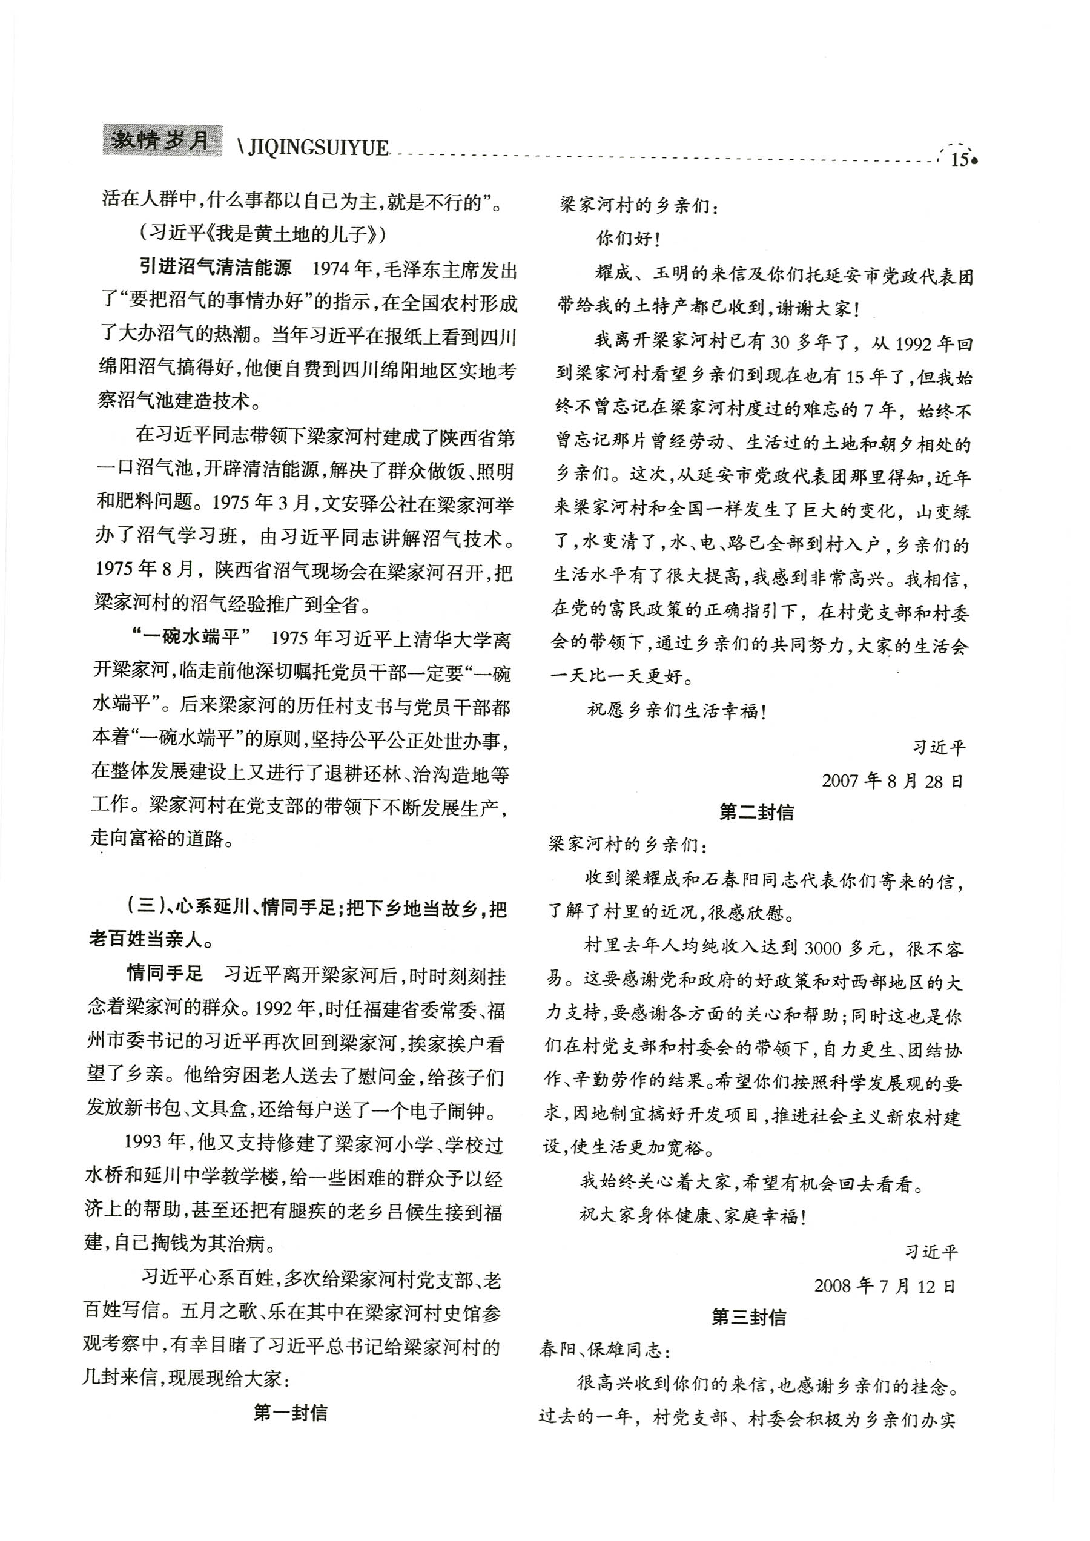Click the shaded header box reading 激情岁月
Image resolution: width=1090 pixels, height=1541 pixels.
tap(162, 140)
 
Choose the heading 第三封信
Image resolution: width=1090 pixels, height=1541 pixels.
tap(748, 1317)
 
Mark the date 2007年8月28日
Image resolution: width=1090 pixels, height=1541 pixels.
tap(892, 780)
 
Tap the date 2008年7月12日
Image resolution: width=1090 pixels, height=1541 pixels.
tap(885, 1285)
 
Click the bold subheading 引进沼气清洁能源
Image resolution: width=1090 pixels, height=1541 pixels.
tap(216, 268)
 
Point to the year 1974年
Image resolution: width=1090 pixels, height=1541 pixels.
tap(342, 269)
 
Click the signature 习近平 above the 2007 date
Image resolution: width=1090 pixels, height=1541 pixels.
tap(939, 747)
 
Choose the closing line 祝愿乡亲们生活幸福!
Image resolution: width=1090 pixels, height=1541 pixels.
tap(676, 710)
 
